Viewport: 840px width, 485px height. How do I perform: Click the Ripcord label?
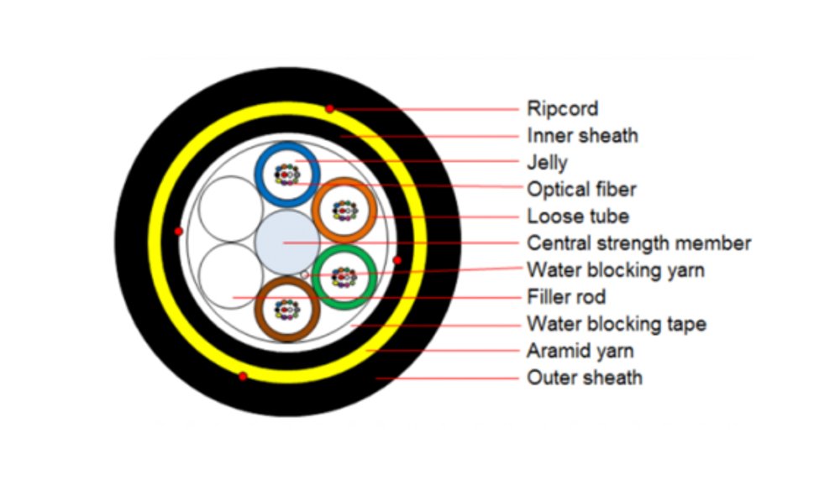(562, 108)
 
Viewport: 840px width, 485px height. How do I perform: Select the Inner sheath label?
(582, 135)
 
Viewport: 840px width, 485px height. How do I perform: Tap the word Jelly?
(547, 162)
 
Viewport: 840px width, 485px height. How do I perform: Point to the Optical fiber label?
(581, 189)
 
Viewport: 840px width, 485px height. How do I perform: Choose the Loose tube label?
(578, 216)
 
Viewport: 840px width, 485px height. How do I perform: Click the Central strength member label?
(638, 243)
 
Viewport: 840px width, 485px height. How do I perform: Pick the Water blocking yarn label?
(615, 270)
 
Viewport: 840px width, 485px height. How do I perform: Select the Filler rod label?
(566, 297)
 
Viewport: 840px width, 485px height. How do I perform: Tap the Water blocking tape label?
(616, 324)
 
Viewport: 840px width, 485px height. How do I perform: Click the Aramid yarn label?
(580, 351)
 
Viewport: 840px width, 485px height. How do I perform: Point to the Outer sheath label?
(584, 378)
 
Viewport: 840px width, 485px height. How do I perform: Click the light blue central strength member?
(286, 242)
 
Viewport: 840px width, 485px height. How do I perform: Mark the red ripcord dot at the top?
(330, 108)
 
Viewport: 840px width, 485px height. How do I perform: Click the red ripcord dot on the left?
(178, 231)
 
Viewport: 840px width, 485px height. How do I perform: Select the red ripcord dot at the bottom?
(243, 376)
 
